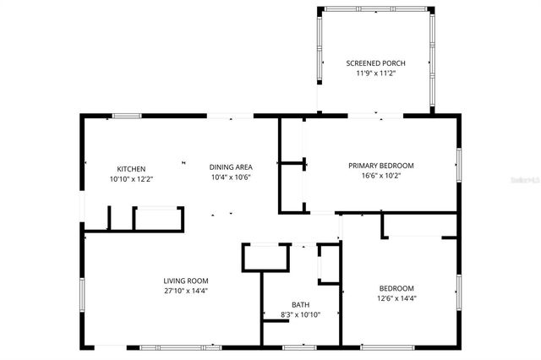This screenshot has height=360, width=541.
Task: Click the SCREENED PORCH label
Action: [x=375, y=63]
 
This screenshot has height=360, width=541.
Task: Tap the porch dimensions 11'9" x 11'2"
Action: [x=375, y=74]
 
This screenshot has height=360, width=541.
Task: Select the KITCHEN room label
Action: [x=131, y=169]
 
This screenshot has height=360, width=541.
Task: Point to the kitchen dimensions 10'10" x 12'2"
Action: [x=131, y=179]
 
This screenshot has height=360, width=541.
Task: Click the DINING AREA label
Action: [x=230, y=166]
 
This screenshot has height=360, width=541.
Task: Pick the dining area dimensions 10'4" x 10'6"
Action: [x=230, y=177]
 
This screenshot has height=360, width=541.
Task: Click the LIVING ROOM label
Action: [x=186, y=281]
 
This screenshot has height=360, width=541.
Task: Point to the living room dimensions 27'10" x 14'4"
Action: [x=186, y=291]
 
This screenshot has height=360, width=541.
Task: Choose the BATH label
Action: [x=300, y=304]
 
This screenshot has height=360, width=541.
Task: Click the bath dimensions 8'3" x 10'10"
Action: [x=300, y=314]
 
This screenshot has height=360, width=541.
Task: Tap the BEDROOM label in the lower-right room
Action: [x=396, y=287]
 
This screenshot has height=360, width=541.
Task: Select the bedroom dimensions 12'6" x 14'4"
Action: [x=396, y=297]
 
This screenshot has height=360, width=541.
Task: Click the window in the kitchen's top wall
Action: [x=127, y=116]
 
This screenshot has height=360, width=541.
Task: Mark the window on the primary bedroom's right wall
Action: [x=459, y=163]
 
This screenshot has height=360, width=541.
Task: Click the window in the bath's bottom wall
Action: [x=299, y=346]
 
